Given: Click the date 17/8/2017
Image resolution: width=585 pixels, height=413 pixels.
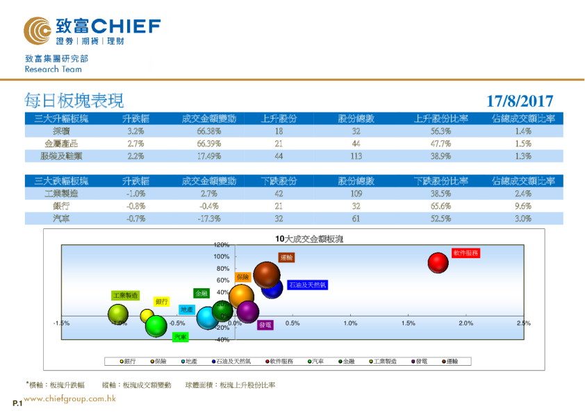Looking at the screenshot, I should [520, 101].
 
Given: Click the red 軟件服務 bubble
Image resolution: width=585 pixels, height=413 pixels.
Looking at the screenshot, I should [438, 262].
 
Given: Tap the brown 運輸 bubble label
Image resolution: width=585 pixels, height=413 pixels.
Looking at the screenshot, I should [287, 258].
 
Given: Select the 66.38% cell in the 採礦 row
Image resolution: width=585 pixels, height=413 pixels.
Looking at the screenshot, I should [208, 131].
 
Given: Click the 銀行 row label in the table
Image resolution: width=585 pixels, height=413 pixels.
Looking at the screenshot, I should [60, 206].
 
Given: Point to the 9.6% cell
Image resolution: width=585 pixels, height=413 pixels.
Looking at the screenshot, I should [523, 206].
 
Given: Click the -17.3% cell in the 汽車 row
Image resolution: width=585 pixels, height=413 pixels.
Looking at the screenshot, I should [208, 219].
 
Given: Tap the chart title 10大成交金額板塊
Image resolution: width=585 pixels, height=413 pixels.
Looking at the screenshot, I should [309, 238].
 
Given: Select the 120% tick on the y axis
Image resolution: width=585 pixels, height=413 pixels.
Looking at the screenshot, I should [221, 245].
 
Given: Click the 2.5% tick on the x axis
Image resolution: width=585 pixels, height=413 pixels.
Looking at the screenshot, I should [523, 323].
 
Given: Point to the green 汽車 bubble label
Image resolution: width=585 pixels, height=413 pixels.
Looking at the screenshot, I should [181, 337].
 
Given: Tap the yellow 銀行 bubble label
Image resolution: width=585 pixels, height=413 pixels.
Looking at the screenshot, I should [162, 301].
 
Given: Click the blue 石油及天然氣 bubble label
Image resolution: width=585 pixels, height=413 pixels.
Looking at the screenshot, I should [307, 285].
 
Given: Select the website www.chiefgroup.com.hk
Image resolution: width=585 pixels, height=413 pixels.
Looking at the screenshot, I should [70, 399].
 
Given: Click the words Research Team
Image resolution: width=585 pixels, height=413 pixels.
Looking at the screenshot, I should [53, 69].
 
